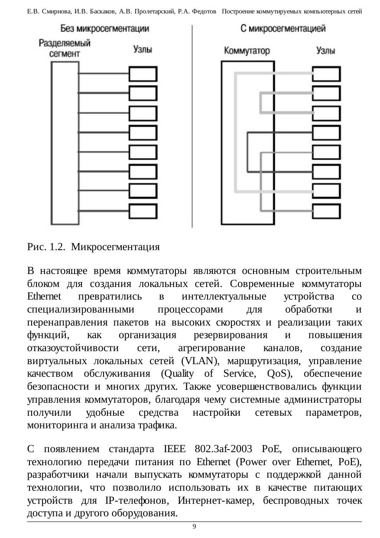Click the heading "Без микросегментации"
click(105, 29)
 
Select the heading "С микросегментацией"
click(283, 29)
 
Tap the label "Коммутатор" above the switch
click(247, 51)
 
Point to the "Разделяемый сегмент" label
click(65, 48)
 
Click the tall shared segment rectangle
click(65, 143)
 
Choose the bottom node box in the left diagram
click(143, 211)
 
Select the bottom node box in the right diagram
click(326, 211)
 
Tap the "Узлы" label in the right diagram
click(325, 50)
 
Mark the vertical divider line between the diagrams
click(192, 126)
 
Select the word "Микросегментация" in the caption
click(116, 248)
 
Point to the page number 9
click(194, 526)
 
